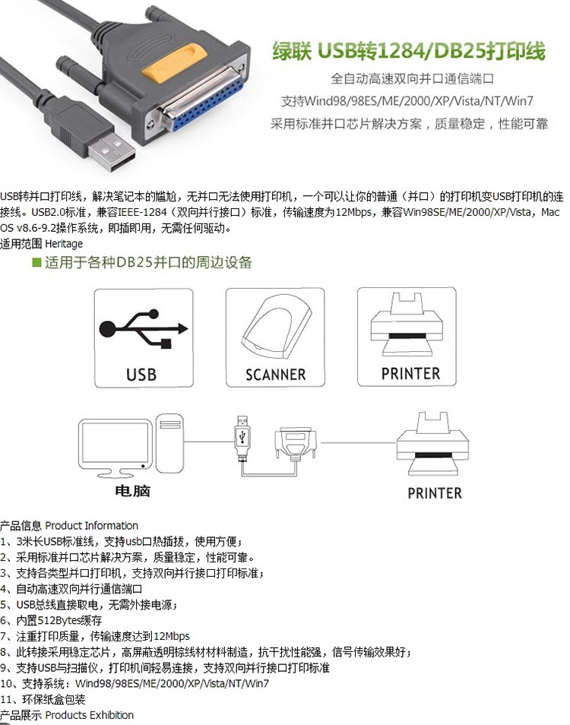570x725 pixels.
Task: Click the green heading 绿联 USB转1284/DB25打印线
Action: [x=409, y=51]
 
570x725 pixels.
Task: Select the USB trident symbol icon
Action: [x=141, y=329]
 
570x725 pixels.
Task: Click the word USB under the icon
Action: [x=141, y=374]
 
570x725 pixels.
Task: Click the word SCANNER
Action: [x=275, y=375]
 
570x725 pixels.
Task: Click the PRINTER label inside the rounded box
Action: [x=410, y=373]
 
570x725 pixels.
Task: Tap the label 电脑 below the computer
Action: [x=132, y=491]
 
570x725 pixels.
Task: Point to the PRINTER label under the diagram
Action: [x=434, y=493]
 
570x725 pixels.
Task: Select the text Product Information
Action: [x=91, y=525]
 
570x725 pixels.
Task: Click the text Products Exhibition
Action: [x=89, y=715]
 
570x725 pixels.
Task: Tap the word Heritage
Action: [x=64, y=244]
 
